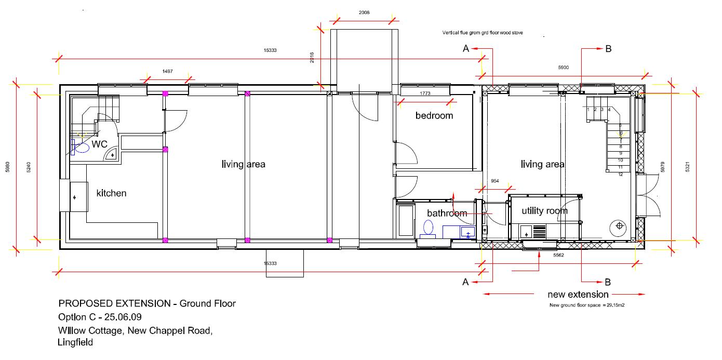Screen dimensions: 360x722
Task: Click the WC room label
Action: (x=100, y=144)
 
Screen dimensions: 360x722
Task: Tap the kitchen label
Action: (x=112, y=193)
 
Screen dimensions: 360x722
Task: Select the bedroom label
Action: (x=434, y=115)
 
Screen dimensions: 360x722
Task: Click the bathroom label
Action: (x=447, y=213)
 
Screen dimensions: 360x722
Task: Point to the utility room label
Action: (x=545, y=210)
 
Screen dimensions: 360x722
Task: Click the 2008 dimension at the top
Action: (x=364, y=12)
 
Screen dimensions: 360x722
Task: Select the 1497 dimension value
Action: (x=167, y=71)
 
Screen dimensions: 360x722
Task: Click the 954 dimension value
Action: (x=495, y=181)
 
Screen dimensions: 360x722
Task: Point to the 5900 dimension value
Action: (x=564, y=68)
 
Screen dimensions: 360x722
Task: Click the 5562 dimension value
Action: (x=558, y=256)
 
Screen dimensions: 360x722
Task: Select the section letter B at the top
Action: (x=608, y=49)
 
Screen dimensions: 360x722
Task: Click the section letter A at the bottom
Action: (x=465, y=282)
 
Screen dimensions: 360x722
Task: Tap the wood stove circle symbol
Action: (x=619, y=226)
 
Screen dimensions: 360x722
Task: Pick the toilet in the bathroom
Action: (x=429, y=228)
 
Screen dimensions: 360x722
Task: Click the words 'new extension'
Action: (x=578, y=295)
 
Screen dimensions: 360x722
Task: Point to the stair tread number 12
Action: (x=620, y=175)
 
